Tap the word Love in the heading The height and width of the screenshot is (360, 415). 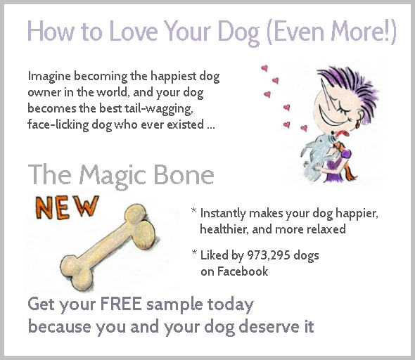(x=134, y=31)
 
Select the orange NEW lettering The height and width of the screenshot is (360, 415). (x=67, y=207)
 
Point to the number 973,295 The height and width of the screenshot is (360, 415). (x=269, y=255)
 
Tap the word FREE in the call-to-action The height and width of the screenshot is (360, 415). (x=121, y=304)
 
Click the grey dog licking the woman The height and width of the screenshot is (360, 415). (x=317, y=157)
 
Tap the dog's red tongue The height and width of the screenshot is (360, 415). (x=343, y=133)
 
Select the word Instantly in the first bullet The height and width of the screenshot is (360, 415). (x=223, y=214)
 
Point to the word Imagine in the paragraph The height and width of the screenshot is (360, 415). (x=49, y=77)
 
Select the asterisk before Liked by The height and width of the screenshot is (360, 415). (x=195, y=252)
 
